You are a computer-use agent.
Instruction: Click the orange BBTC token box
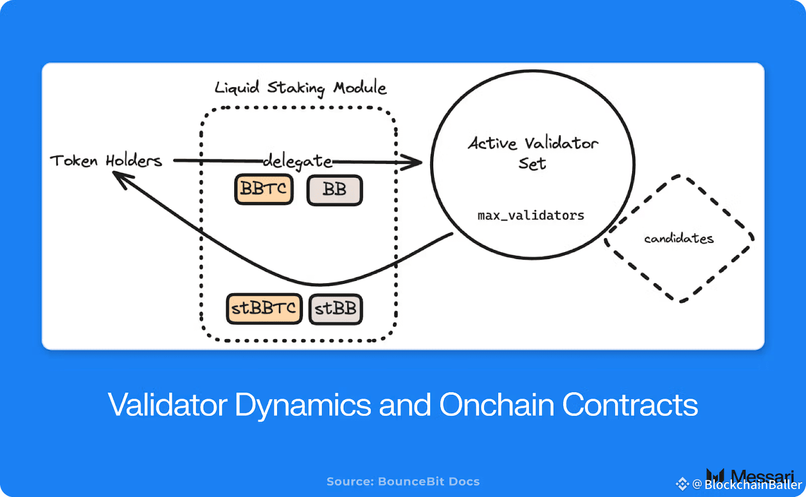[x=264, y=190]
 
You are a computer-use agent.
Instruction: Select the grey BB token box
[x=334, y=190]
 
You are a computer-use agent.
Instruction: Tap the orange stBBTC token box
[x=264, y=308]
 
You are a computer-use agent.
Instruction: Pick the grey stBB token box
[x=335, y=308]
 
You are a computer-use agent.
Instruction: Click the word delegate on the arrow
[x=298, y=161]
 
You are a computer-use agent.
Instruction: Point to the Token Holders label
[x=106, y=161]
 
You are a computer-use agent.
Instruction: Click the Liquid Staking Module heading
[x=300, y=88]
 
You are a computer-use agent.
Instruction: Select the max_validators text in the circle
[x=531, y=216]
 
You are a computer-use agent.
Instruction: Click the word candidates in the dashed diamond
[x=679, y=238]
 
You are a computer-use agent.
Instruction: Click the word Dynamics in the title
[x=303, y=405]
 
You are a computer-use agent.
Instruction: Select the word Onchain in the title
[x=497, y=405]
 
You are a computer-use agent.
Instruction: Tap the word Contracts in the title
[x=630, y=405]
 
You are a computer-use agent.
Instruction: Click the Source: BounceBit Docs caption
[x=403, y=481]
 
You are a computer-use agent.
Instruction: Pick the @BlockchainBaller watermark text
[x=748, y=484]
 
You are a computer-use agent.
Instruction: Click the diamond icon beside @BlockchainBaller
[x=682, y=484]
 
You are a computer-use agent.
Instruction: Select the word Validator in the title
[x=168, y=405]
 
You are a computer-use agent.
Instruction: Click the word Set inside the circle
[x=532, y=164]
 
